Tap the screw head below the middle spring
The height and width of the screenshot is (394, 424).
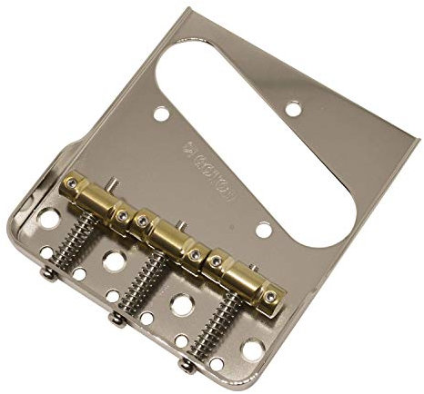pyautogui.click(x=115, y=316)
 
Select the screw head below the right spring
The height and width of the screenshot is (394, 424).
pyautogui.click(x=187, y=364)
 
